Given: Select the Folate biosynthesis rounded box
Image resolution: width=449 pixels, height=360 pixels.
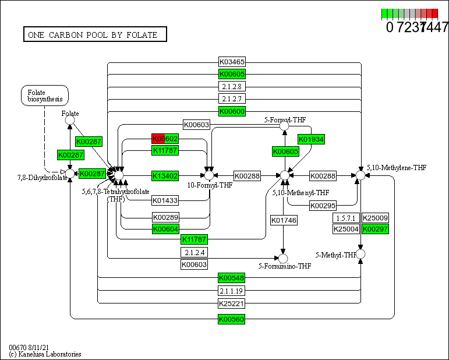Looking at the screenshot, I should (45, 96).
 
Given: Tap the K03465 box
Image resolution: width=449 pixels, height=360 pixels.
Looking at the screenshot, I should (232, 61).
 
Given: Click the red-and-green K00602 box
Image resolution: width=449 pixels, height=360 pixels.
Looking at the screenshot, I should (165, 139).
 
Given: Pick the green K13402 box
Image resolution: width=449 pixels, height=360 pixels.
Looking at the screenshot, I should (165, 175).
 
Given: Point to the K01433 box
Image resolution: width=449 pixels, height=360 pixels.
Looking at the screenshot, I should (165, 200).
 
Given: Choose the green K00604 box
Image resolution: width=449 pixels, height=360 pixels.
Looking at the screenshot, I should (165, 229).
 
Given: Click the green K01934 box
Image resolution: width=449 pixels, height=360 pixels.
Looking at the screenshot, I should (311, 139).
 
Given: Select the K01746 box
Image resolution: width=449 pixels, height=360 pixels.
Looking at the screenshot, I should (284, 220).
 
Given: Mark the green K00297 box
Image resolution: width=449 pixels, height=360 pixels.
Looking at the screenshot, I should (375, 229).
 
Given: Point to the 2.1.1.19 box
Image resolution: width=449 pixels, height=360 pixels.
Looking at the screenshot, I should (232, 291).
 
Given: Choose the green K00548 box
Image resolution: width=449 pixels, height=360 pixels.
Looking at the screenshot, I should (232, 278).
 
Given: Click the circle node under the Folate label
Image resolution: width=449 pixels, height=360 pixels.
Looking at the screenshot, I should (70, 121).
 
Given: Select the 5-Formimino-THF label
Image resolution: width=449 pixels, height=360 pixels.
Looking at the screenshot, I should (287, 266).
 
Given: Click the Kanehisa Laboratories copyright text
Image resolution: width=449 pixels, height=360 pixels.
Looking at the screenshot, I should (45, 354).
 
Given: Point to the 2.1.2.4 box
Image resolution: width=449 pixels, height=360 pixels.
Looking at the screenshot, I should (194, 252).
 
